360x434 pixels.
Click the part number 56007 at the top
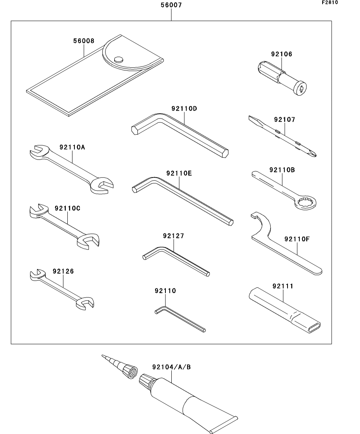tap(171, 6)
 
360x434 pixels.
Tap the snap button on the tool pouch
tap(118, 59)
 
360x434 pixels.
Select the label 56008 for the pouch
tap(84, 41)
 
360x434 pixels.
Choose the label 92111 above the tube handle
tap(283, 286)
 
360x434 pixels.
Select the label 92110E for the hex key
tap(179, 173)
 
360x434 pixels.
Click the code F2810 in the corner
tap(330, 2)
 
